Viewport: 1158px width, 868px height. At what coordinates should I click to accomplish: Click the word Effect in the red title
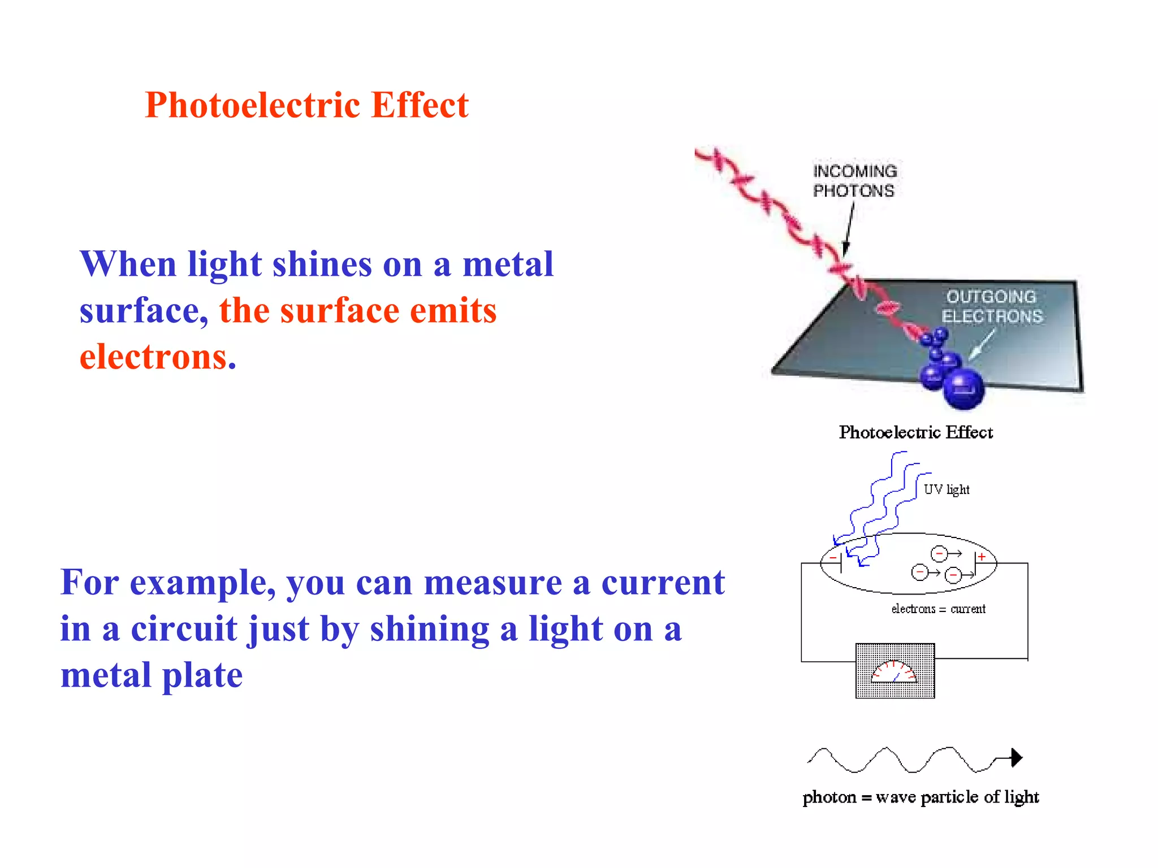click(x=420, y=106)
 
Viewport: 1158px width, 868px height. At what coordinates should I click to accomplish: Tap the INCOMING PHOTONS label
click(x=854, y=181)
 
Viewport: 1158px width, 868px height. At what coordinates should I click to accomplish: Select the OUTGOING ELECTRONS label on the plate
click(x=992, y=306)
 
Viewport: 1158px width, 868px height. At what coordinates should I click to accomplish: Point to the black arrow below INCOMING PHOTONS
click(x=849, y=229)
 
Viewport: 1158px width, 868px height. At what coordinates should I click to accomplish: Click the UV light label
click(x=946, y=489)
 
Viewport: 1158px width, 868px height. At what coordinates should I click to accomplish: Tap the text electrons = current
click(x=938, y=609)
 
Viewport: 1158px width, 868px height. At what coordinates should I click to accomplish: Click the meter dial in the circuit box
click(x=894, y=671)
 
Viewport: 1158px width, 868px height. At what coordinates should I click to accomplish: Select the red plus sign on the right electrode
click(x=982, y=557)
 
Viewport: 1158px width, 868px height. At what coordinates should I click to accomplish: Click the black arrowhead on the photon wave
click(x=1016, y=757)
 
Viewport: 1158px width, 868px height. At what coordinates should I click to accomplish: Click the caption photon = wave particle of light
click(x=921, y=797)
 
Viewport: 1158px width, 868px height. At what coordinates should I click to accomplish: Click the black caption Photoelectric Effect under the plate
click(x=915, y=432)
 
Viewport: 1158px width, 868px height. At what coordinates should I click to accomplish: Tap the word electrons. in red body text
click(x=158, y=358)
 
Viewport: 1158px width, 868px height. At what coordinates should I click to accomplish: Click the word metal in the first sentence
click(x=508, y=264)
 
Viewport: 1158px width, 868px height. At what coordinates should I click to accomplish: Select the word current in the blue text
click(x=663, y=583)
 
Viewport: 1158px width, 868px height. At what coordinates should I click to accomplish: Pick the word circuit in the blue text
click(x=184, y=629)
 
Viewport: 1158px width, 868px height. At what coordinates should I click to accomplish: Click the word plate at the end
click(x=202, y=676)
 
